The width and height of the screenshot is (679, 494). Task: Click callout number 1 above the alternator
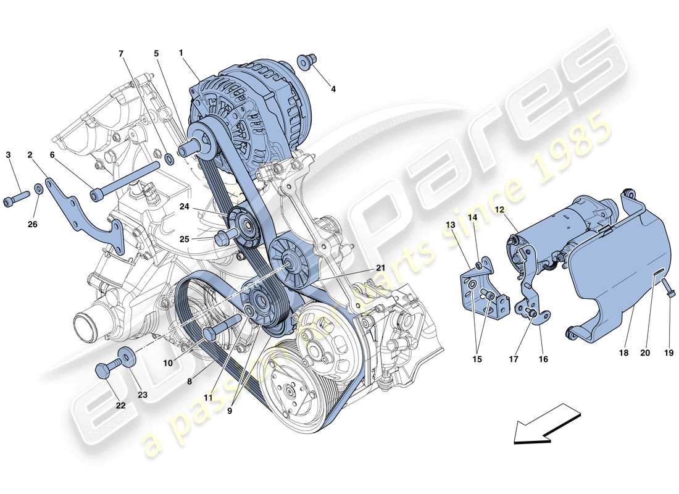click(x=181, y=53)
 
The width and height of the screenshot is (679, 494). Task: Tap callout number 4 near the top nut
click(x=333, y=89)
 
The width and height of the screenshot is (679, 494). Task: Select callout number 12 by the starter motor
click(x=499, y=210)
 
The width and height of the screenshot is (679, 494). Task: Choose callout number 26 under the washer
click(x=32, y=224)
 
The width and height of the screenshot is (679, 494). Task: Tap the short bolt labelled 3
click(x=19, y=198)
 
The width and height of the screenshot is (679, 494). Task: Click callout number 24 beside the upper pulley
click(x=185, y=207)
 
